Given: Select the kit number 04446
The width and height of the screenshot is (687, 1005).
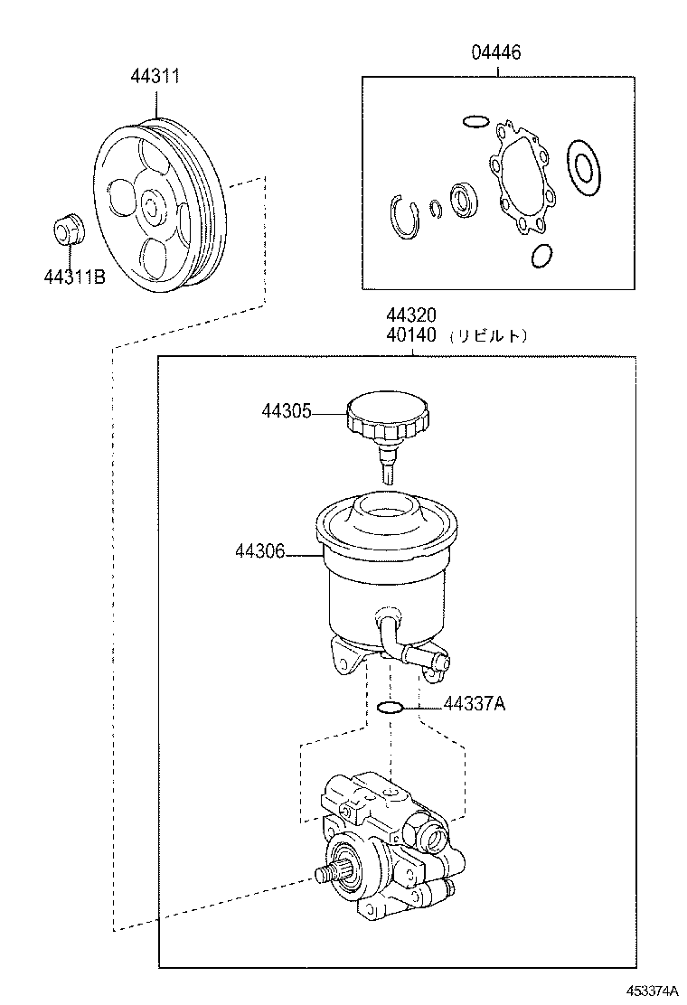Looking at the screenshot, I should click(495, 53).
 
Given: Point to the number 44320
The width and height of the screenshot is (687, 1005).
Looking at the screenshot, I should click(411, 315).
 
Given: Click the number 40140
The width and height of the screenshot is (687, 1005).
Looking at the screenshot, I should click(411, 334).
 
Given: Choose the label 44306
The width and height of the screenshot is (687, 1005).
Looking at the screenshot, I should click(260, 550).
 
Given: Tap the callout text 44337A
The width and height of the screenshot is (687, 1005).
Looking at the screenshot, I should click(474, 704).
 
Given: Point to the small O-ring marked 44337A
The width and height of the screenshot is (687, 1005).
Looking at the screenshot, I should click(389, 706).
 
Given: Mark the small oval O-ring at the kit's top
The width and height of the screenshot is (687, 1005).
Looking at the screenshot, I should click(475, 121).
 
